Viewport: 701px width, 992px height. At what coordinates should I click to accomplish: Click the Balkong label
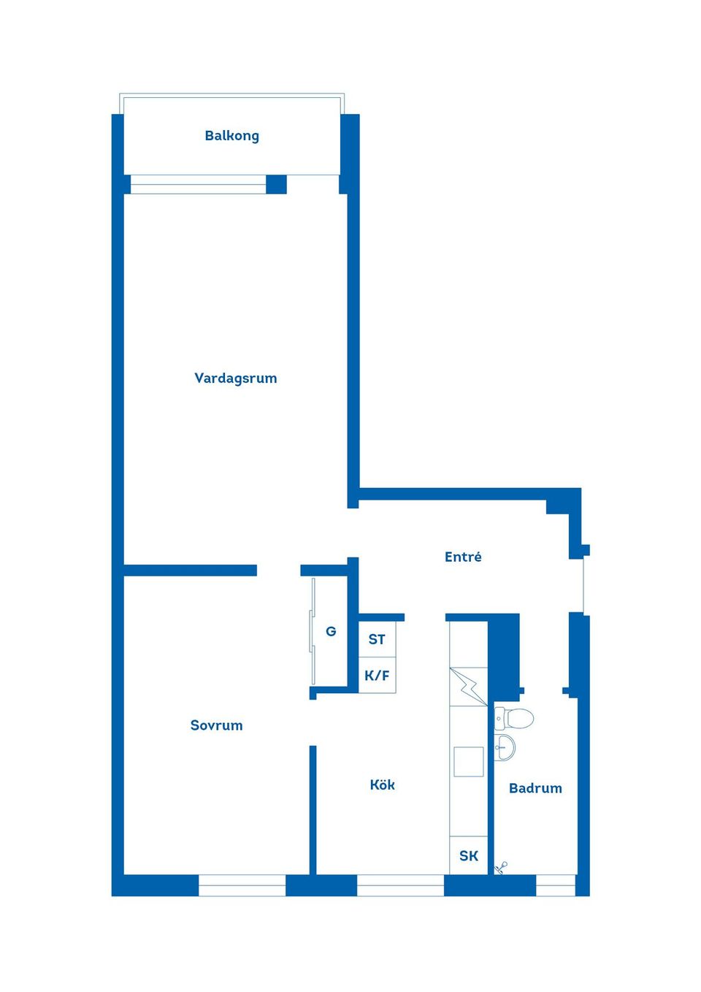(231, 136)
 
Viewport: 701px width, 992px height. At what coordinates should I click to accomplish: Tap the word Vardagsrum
(235, 378)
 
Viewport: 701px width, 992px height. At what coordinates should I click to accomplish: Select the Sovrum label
(216, 725)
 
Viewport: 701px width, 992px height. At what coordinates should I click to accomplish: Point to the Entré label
(463, 557)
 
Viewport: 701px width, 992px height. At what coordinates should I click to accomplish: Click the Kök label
(382, 785)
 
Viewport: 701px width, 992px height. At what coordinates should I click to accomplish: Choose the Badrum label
(535, 788)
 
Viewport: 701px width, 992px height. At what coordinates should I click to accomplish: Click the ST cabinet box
(377, 640)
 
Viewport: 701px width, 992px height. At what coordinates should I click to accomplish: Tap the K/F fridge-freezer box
(377, 676)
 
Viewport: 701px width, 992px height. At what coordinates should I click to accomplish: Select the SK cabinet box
(469, 855)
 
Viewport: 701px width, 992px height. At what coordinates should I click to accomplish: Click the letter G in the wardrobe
(331, 632)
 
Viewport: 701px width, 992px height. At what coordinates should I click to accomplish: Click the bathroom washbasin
(504, 747)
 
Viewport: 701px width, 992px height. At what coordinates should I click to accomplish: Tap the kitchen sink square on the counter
(468, 761)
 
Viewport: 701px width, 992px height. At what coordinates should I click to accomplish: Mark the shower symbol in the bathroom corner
(502, 867)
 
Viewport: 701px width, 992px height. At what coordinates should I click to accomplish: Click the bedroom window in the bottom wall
(242, 885)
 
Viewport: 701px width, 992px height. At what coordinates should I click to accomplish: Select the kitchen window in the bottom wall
(400, 885)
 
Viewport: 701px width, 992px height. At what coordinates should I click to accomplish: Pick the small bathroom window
(556, 885)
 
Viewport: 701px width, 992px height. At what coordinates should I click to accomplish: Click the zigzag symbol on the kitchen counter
(468, 687)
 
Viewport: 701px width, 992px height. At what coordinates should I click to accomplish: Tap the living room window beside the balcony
(198, 184)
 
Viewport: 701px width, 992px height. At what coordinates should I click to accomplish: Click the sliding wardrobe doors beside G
(313, 616)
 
